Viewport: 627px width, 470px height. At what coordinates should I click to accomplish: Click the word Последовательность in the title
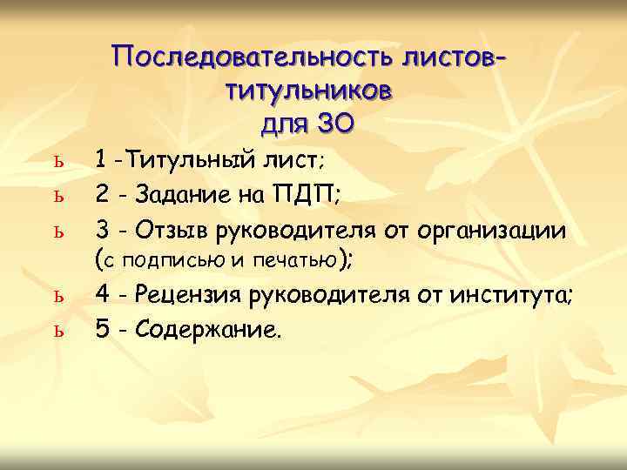pos(253,57)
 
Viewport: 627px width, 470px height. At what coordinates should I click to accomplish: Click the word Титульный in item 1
pos(191,159)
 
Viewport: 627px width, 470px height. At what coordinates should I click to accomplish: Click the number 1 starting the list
pos(102,159)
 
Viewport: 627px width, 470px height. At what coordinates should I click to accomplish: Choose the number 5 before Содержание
pos(102,330)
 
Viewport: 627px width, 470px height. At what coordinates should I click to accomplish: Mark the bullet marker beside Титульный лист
pos(57,162)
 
